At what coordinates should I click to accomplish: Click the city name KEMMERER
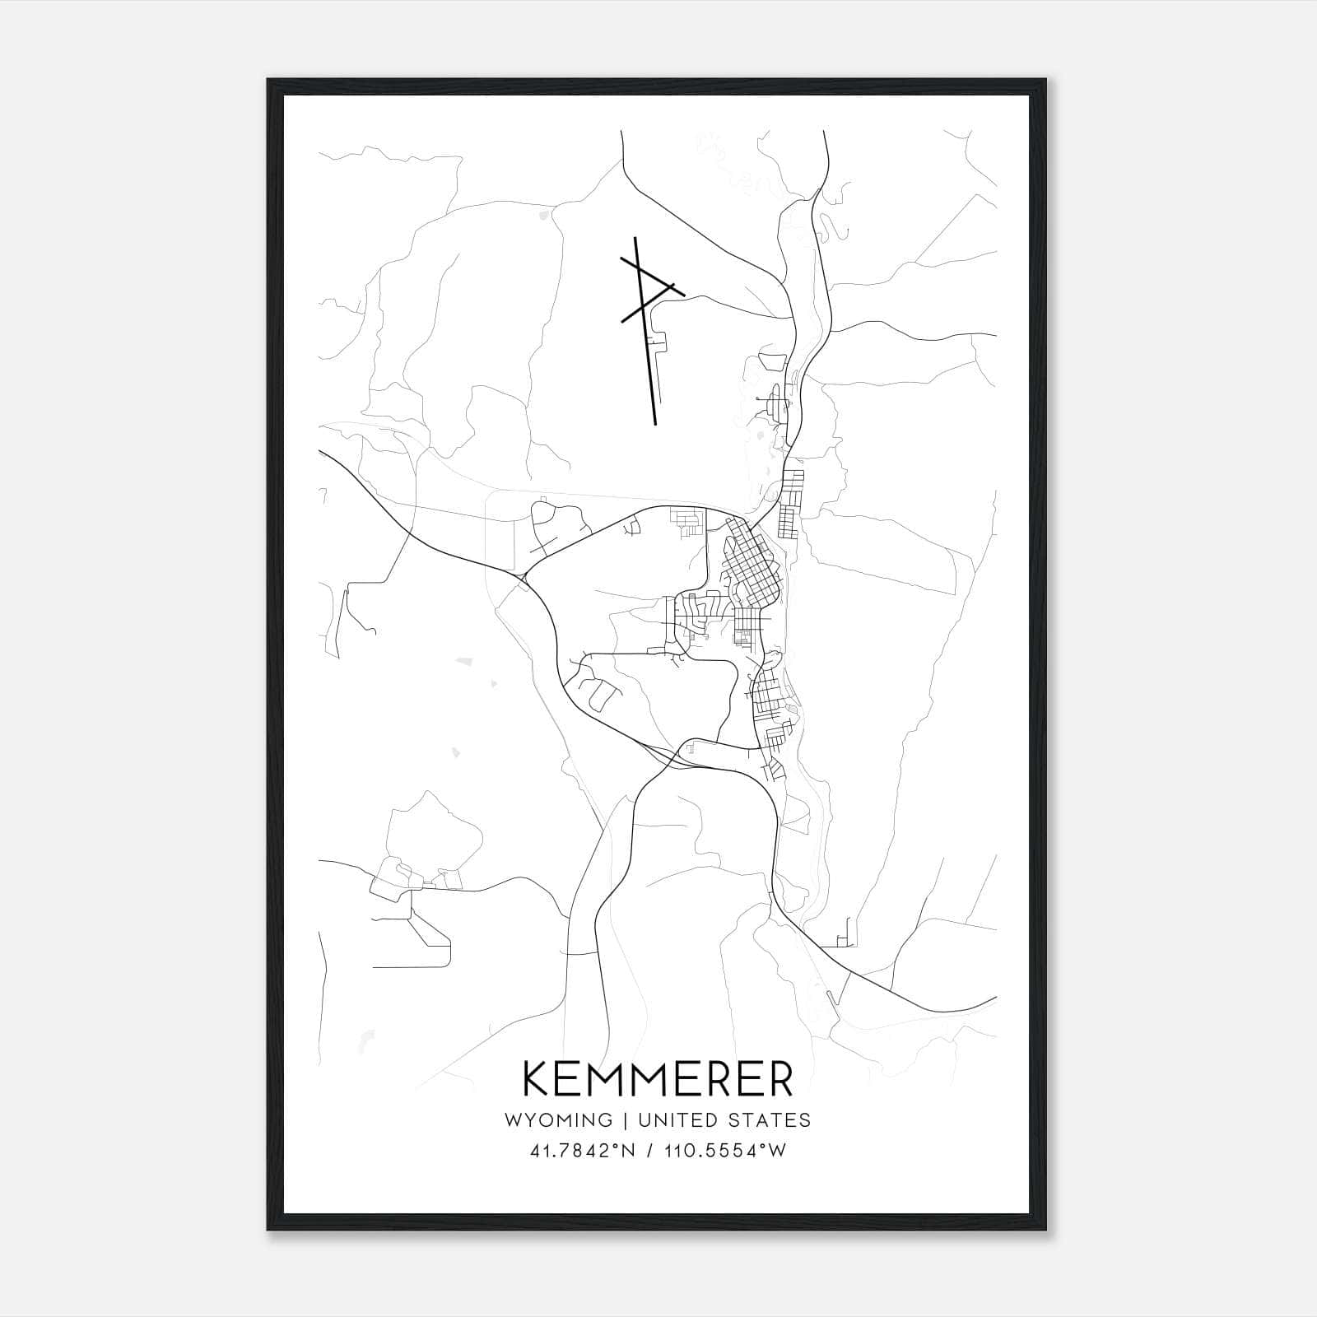[x=658, y=1079]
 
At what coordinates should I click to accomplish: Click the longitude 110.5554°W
[x=724, y=1151]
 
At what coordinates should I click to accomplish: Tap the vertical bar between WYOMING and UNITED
[x=626, y=1119]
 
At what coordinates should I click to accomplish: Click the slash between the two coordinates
[x=653, y=1151]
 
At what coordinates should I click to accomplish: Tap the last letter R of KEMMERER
[x=779, y=1079]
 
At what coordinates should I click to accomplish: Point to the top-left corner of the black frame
[x=269, y=81]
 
